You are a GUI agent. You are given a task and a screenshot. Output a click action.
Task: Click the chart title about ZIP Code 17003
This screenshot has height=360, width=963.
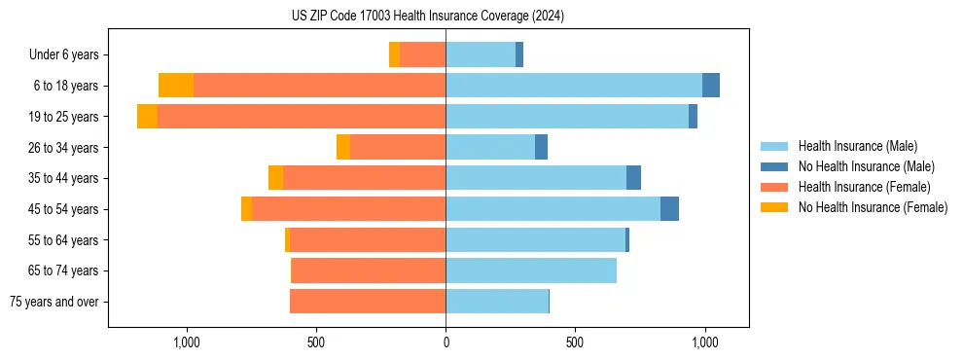pos(428,17)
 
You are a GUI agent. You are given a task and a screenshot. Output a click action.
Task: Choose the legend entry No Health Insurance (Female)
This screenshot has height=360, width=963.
pos(873,207)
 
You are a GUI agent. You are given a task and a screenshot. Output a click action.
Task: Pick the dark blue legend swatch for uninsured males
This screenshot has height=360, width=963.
pos(774,166)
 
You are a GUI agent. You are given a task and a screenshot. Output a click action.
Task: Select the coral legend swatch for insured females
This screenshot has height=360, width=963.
pos(774,187)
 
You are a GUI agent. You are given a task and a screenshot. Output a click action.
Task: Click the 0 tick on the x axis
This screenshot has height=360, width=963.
pos(446,342)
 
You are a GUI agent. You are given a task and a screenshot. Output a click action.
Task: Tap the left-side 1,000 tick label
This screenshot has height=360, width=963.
pos(186,342)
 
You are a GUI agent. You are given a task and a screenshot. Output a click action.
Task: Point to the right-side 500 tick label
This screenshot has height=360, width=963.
pos(575,342)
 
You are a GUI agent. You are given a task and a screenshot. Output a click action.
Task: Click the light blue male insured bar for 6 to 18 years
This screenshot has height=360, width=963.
pos(574,86)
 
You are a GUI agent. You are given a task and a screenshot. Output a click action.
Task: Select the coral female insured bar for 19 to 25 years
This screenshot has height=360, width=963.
pos(302,117)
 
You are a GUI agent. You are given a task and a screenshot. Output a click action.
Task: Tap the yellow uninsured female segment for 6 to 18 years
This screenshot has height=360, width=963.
pos(176,86)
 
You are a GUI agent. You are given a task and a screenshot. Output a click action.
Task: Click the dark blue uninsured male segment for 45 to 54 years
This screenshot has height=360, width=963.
pos(669,209)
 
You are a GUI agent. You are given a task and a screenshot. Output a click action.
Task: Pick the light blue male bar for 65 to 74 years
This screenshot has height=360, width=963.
pos(531,270)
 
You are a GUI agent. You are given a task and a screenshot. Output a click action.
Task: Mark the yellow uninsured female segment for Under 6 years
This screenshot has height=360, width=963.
pos(394,54)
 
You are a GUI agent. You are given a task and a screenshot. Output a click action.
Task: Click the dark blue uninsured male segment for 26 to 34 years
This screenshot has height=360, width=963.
pos(541,147)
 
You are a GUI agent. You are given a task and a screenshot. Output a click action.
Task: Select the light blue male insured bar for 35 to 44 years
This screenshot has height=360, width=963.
pos(536,178)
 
